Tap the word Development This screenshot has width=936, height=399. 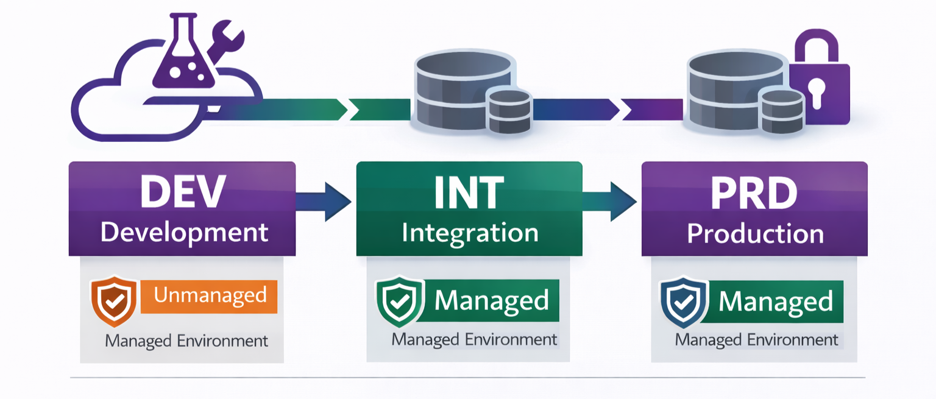point(184,232)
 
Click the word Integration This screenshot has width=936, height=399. point(470,233)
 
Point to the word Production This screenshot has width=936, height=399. point(755,234)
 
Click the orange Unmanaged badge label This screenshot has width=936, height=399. point(210,296)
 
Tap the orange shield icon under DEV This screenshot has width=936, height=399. point(113,301)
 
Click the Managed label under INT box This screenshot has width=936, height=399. point(491,300)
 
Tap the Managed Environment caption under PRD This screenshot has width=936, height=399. point(756,340)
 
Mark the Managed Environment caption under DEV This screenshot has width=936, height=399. point(186,341)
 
